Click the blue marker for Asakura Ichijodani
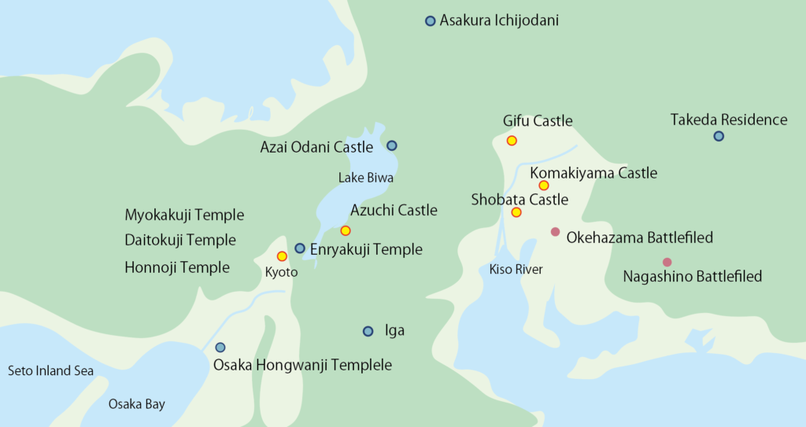point(430,21)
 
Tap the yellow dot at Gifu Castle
point(512,141)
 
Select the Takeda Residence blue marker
point(719,136)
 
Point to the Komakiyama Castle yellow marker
point(543,186)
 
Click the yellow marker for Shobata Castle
point(516,212)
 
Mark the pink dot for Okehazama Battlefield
point(555,232)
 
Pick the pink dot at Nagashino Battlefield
point(667,262)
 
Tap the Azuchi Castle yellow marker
point(345,230)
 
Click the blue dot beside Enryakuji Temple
point(300,248)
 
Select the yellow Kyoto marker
point(282,256)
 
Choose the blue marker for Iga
point(368,331)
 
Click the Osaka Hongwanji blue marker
point(220,348)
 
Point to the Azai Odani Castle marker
point(392,145)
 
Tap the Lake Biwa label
point(366,178)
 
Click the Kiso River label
point(516,270)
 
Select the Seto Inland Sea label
point(50,370)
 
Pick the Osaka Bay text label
point(137,404)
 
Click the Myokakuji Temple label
point(184,215)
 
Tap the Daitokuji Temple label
point(180,240)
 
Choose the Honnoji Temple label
point(177,267)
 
